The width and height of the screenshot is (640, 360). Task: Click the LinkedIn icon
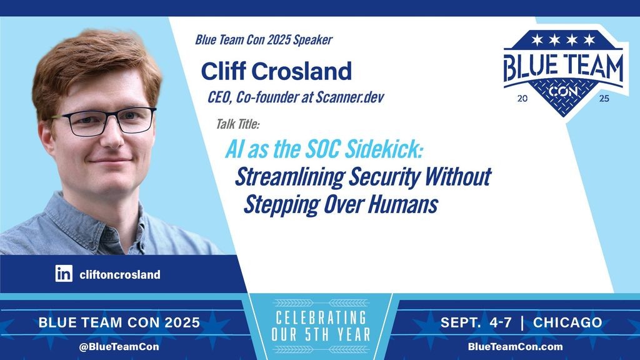tap(64, 274)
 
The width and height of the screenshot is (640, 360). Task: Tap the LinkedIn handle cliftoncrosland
tap(120, 274)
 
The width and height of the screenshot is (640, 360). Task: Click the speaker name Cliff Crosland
tap(276, 71)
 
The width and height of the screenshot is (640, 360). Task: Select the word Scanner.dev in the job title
tap(350, 97)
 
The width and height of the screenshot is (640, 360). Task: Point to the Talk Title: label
tap(237, 124)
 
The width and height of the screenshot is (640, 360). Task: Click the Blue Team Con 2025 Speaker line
tap(264, 39)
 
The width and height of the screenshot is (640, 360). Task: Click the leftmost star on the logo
tap(537, 39)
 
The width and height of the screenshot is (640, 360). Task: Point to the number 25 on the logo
tap(604, 98)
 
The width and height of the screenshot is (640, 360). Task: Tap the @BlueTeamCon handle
tap(119, 346)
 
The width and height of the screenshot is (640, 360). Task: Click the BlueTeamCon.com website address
tap(515, 346)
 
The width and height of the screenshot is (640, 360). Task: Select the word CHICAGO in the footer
tap(567, 322)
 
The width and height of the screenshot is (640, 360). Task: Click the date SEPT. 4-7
tap(476, 322)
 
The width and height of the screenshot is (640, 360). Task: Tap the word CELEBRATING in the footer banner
tap(321, 317)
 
